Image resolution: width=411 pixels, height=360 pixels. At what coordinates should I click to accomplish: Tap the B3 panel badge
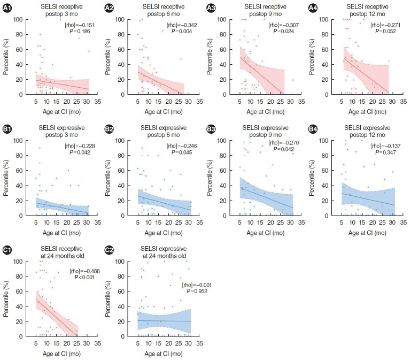pyautogui.click(x=212, y=129)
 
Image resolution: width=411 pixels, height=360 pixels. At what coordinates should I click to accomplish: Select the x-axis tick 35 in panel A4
pyautogui.click(x=400, y=100)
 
